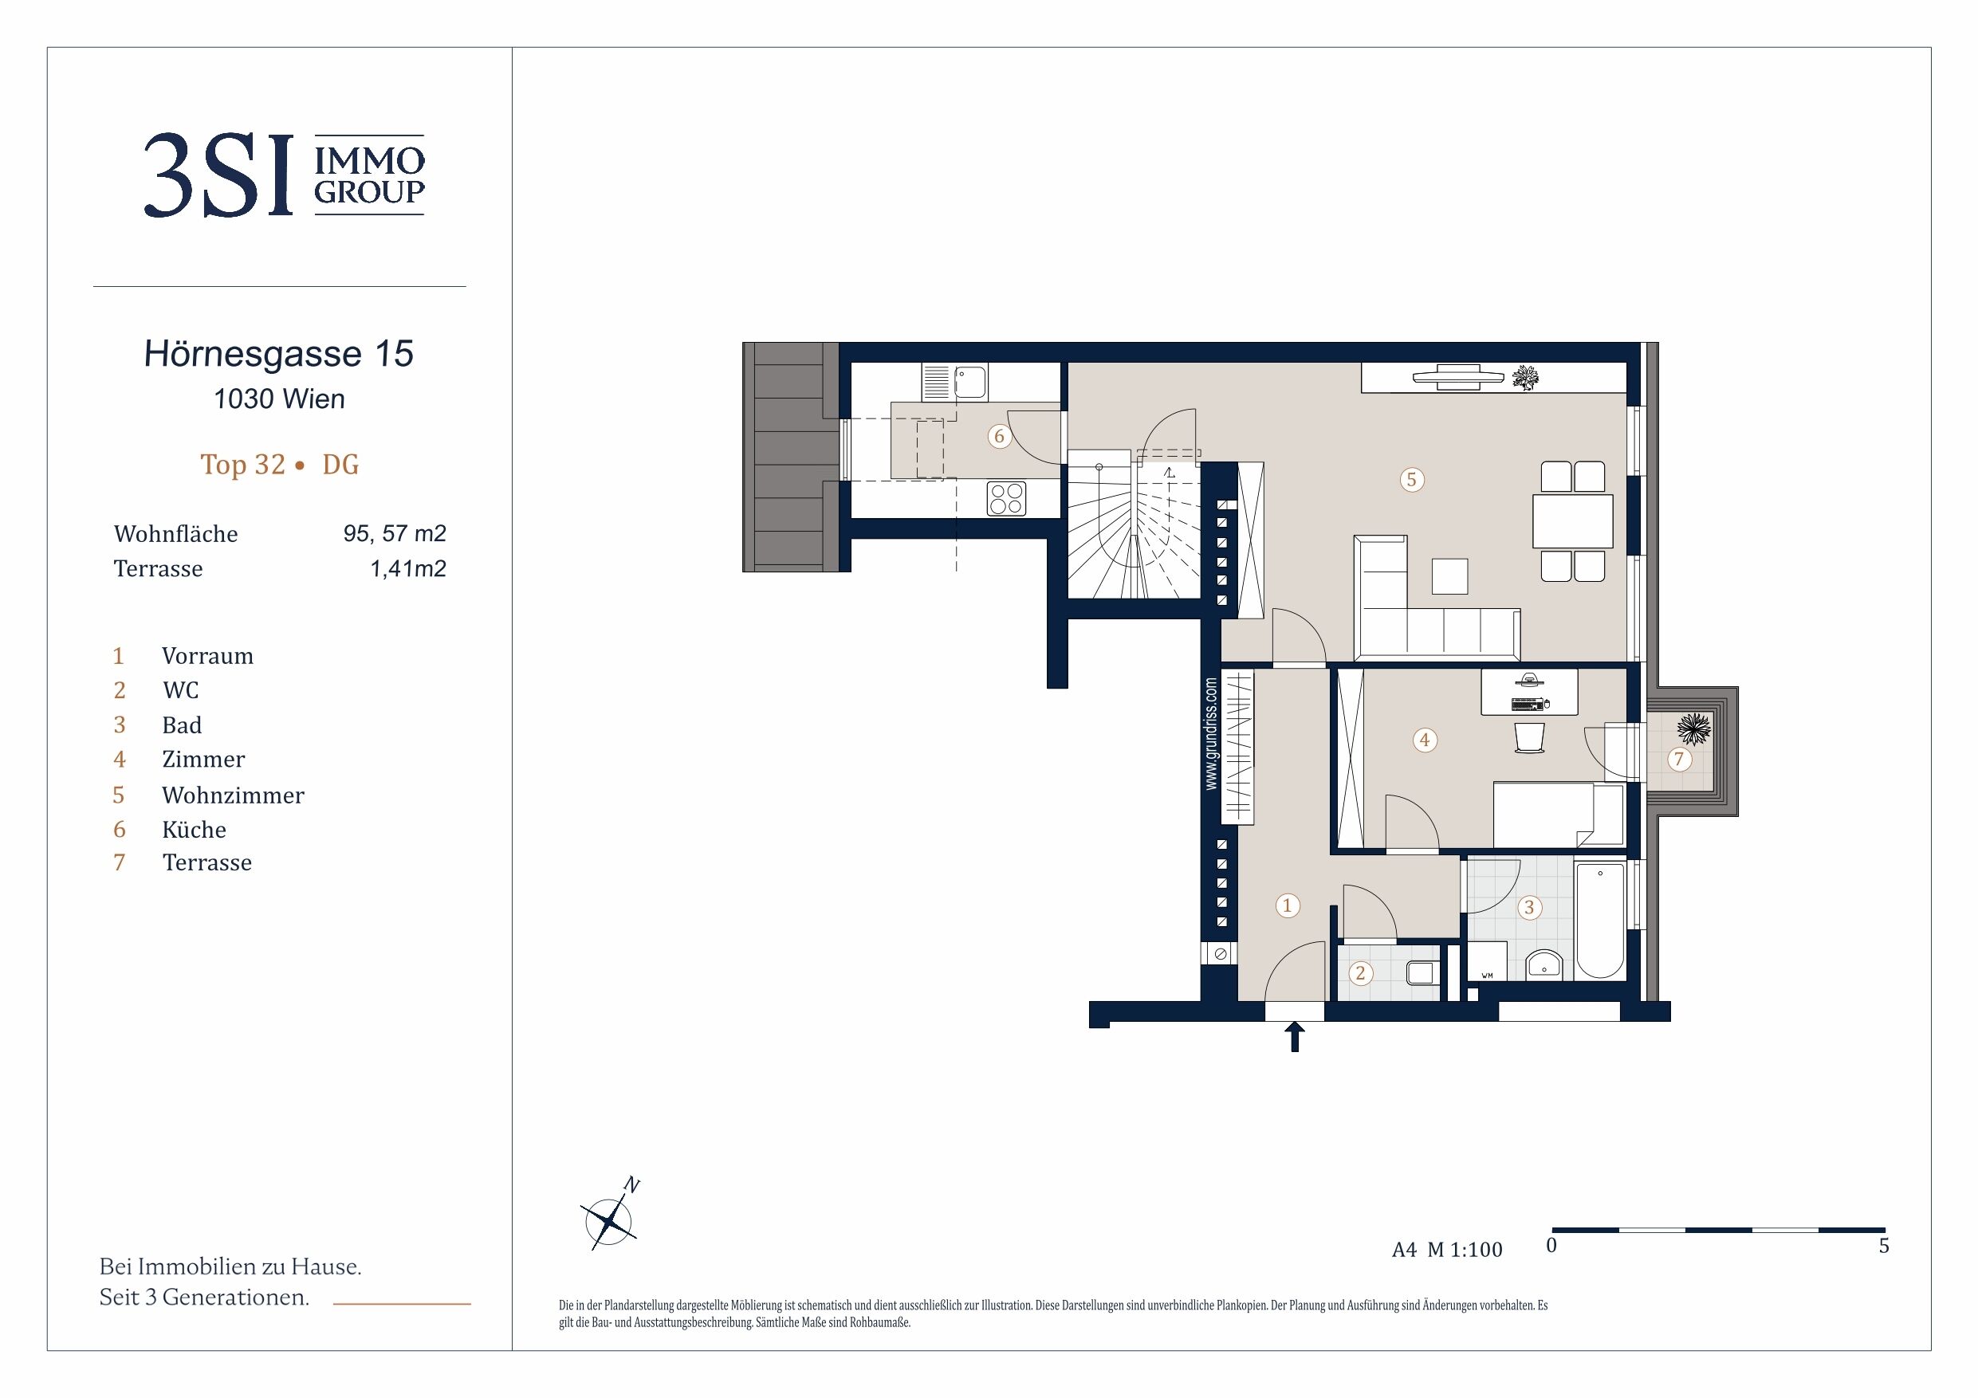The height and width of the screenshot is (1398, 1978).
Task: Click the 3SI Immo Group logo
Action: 284,175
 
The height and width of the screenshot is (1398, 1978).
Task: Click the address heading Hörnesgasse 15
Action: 279,354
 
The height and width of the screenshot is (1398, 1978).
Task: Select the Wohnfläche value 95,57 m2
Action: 395,534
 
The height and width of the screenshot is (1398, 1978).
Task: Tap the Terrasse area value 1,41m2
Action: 407,568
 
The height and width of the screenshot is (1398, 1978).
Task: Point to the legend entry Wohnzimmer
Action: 233,795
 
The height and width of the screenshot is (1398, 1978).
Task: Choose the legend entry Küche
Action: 194,830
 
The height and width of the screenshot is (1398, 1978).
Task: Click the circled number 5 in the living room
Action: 1411,480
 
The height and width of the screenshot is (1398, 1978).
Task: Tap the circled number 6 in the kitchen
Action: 999,436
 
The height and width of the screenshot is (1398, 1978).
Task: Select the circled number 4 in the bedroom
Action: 1425,740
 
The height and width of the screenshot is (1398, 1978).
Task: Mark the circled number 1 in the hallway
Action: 1288,905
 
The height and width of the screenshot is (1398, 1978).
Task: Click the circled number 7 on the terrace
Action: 1678,759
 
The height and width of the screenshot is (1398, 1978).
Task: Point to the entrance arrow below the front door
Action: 1294,1037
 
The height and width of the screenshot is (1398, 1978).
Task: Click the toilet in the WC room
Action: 1422,973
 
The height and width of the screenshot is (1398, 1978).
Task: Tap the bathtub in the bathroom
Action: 1600,921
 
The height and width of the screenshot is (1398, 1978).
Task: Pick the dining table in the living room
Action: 1572,521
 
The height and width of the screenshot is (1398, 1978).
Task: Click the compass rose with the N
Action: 610,1218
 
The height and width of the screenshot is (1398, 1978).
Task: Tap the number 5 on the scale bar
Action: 1884,1246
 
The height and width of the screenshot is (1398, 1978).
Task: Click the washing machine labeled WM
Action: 1488,961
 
